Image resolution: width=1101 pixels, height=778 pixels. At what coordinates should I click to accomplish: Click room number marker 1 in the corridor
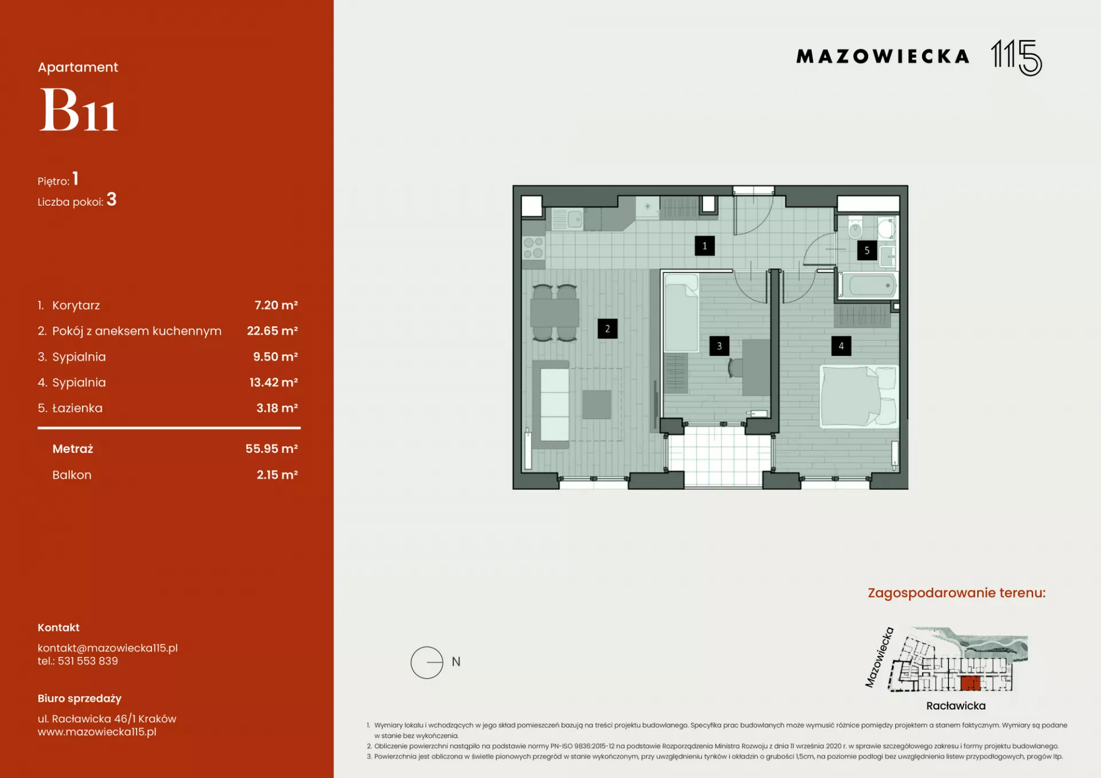point(704,246)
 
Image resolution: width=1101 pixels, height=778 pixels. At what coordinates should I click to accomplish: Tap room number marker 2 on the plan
point(607,329)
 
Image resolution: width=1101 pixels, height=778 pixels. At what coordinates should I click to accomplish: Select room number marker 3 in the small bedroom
point(719,346)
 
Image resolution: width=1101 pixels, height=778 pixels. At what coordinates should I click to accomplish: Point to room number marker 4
point(841,346)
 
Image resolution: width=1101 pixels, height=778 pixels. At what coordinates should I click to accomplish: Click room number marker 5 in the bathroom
point(866,251)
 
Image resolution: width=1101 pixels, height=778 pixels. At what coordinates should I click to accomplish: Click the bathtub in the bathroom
point(869,286)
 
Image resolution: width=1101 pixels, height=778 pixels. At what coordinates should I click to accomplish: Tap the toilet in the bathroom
point(855,228)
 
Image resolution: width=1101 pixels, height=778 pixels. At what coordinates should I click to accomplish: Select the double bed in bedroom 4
point(859,397)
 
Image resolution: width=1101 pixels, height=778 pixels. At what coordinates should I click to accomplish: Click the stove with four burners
point(533,248)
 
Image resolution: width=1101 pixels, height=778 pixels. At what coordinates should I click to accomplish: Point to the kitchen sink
point(568,219)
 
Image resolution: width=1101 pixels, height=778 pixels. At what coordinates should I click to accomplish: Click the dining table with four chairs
point(555,312)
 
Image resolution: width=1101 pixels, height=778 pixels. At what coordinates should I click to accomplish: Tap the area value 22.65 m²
point(272,331)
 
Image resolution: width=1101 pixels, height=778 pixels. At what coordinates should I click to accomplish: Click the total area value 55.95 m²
point(272,448)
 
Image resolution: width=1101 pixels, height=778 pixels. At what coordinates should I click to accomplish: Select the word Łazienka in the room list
point(77,408)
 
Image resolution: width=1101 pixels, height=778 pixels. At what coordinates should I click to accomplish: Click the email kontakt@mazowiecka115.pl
point(108,648)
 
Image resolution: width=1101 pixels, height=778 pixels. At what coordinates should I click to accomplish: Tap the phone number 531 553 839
point(88,661)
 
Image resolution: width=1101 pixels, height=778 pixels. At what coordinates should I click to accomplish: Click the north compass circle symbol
point(427,662)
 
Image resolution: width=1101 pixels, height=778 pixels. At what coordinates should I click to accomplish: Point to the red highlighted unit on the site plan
point(970,683)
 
